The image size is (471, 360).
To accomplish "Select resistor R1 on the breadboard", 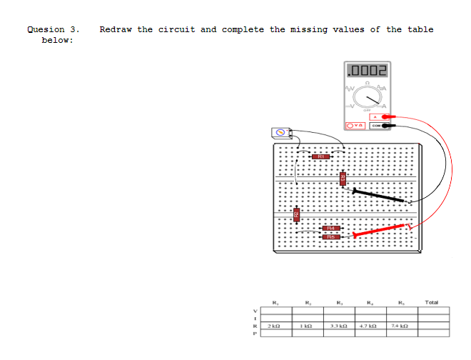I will [x=322, y=154].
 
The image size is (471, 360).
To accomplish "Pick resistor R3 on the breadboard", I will [x=342, y=179].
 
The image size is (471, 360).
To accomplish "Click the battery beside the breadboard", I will [x=282, y=132].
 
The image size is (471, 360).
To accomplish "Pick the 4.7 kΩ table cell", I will [x=370, y=326].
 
